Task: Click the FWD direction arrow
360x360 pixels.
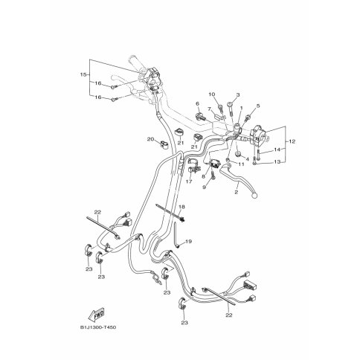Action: tap(96, 315)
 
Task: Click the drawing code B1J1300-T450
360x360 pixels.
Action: tap(98, 327)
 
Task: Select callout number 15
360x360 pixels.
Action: tap(83, 74)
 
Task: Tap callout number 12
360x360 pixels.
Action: tap(292, 141)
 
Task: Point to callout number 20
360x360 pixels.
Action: tap(150, 139)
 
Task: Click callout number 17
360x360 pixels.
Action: tap(189, 181)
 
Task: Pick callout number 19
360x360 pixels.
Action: tap(189, 241)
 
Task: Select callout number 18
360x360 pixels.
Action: tap(181, 207)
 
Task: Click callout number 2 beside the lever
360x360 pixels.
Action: tap(236, 192)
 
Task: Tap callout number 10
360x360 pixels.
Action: tap(212, 94)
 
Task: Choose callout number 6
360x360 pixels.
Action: tap(198, 103)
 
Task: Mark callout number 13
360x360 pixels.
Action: tap(277, 161)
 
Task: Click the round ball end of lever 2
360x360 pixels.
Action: tap(254, 195)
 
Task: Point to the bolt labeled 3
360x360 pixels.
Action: tap(231, 108)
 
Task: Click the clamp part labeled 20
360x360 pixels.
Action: tap(163, 144)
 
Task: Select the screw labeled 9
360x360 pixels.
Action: tap(213, 176)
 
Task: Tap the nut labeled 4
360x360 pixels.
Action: tap(239, 154)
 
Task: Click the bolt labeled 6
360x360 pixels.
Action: tap(199, 116)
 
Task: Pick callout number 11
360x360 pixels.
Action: tap(241, 164)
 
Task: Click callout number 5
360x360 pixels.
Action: tap(258, 106)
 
